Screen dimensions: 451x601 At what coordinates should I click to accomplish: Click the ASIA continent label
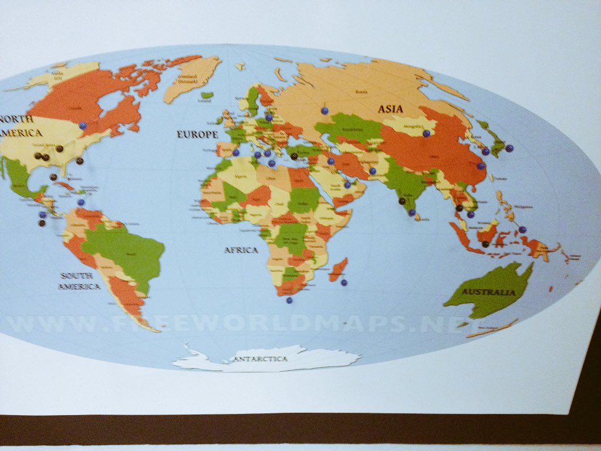pos(391,109)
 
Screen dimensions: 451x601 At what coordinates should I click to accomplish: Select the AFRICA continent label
pos(241,250)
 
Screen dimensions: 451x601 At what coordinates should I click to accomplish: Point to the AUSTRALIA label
pos(488,292)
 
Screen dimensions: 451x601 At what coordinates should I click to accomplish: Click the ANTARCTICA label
pos(261,358)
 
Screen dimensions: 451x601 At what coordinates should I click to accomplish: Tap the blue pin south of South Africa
pos(289,300)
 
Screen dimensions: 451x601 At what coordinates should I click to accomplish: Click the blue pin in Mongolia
pos(426,133)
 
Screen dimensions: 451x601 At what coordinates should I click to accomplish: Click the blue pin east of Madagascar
pos(344,282)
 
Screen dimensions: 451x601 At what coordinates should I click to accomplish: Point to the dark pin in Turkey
pos(293,156)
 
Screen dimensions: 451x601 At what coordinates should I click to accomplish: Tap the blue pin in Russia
pos(324,110)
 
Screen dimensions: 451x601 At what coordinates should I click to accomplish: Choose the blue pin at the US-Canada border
pos(83,126)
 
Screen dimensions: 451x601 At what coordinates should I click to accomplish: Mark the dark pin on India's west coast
pos(402,201)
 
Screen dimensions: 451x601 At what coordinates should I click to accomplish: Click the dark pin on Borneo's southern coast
pos(485,244)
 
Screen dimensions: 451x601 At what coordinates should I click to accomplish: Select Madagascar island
pos(337,270)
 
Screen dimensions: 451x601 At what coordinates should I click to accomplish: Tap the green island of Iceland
pos(207,95)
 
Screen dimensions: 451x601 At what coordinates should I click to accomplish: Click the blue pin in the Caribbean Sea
pos(80,203)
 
